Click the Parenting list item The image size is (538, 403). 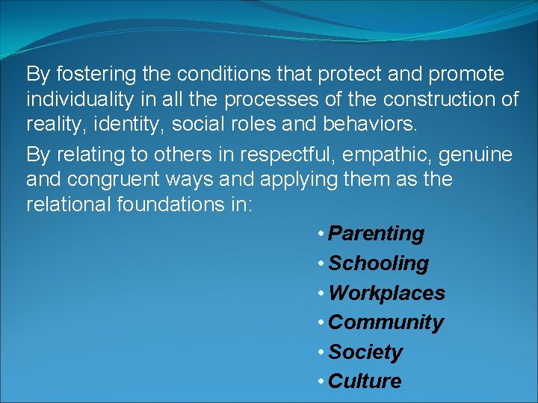[x=376, y=234]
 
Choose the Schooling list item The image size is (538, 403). [x=379, y=263]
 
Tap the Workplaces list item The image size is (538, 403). [x=386, y=293]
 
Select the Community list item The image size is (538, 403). [x=386, y=322]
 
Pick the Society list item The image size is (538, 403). [x=365, y=352]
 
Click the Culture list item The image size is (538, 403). [x=365, y=381]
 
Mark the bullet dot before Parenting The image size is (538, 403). [x=320, y=234]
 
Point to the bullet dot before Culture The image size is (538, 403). [x=320, y=381]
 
